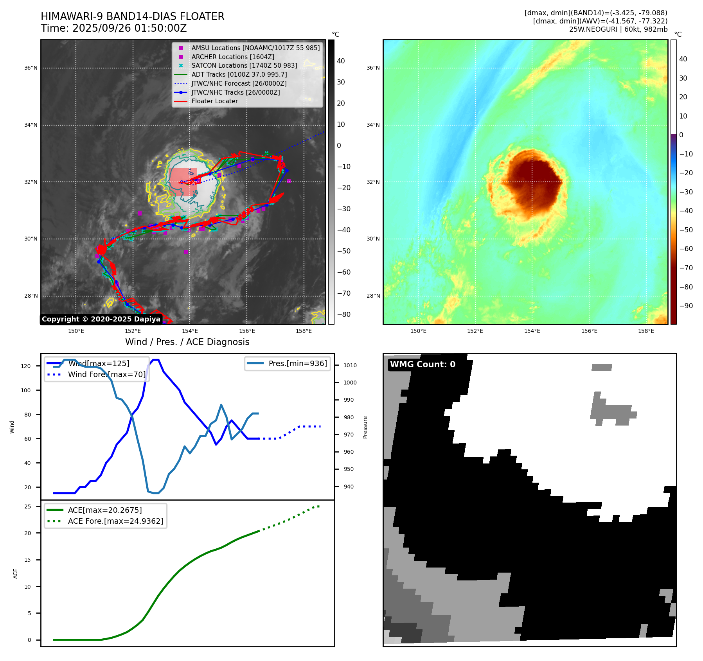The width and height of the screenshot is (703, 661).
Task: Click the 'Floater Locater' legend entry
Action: [x=214, y=101]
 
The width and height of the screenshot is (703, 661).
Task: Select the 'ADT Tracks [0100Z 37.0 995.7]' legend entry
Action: [x=239, y=74]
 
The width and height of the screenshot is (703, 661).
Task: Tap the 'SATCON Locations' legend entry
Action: [x=244, y=65]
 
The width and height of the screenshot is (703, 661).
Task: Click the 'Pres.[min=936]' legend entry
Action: [x=297, y=363]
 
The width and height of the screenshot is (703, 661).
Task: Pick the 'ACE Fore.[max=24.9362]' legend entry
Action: [x=115, y=521]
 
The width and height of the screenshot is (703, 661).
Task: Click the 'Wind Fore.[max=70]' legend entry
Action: [x=106, y=374]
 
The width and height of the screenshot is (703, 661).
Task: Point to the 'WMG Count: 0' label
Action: [x=423, y=365]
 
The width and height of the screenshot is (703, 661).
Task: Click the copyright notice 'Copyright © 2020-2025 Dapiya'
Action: [x=101, y=319]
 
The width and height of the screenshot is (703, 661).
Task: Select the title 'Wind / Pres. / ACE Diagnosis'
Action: [x=187, y=342]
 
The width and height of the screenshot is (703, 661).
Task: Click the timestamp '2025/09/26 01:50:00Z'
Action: [x=129, y=28]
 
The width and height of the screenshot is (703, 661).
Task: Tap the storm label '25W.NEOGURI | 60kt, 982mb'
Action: [x=618, y=29]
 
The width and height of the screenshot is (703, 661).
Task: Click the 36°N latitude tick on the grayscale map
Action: [x=31, y=68]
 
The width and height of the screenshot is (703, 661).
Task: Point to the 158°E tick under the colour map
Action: [x=646, y=331]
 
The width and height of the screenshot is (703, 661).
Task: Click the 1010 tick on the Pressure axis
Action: [x=350, y=365]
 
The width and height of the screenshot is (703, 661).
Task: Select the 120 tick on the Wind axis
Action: [x=26, y=366]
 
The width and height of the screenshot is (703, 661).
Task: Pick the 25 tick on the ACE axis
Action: [x=28, y=507]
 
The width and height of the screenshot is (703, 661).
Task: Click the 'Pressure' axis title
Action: [x=365, y=427]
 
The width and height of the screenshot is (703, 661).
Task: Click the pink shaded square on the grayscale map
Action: [x=183, y=182]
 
